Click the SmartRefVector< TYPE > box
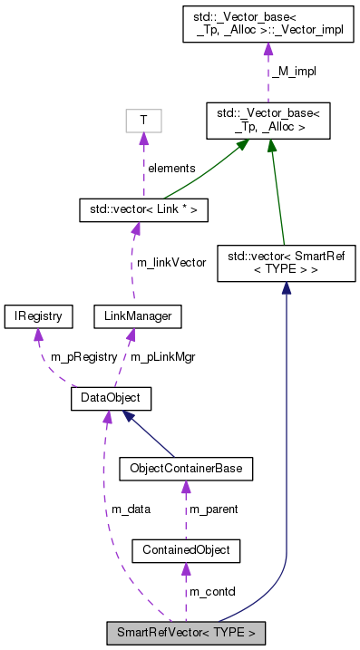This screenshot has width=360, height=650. pos(187,632)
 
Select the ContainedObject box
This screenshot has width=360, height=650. pos(186,549)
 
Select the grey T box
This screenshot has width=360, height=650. pos(143,121)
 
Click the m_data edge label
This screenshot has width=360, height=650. pos(131,509)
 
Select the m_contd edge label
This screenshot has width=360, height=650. pos(211,591)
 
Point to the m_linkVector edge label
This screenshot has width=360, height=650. pos(171,262)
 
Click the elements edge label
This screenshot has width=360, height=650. pos(171,168)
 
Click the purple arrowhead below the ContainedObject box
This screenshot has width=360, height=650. pos(186,568)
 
